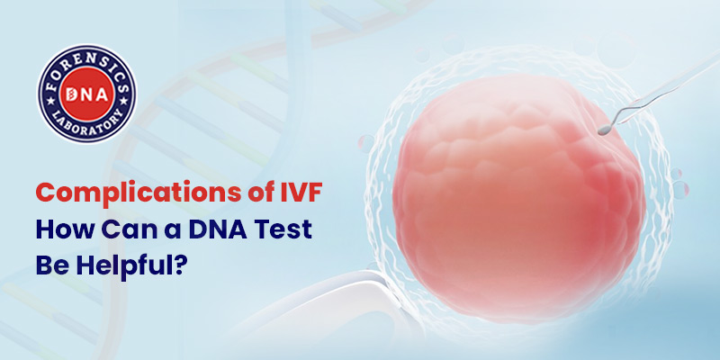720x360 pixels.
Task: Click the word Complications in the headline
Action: click(x=138, y=193)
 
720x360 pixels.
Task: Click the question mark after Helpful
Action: click(x=183, y=265)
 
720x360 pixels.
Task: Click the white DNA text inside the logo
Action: click(x=86, y=94)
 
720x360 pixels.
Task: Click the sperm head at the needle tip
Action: click(x=601, y=131)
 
